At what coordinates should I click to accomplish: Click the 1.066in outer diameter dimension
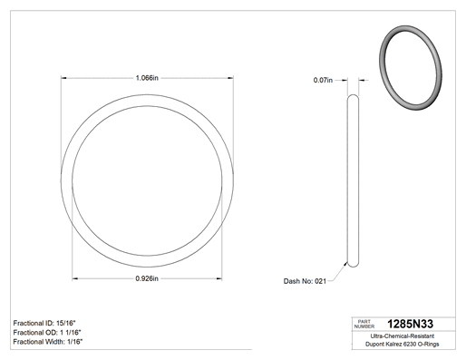147,78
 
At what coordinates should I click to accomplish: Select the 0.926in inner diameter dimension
147,278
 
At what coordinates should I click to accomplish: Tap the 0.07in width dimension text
323,80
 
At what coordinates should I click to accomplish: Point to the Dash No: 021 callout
305,281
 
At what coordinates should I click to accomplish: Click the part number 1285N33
410,324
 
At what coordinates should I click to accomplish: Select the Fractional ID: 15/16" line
44,323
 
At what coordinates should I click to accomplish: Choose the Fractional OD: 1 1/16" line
47,333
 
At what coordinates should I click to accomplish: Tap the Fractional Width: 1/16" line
48,342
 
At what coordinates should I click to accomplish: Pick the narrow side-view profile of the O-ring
353,180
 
